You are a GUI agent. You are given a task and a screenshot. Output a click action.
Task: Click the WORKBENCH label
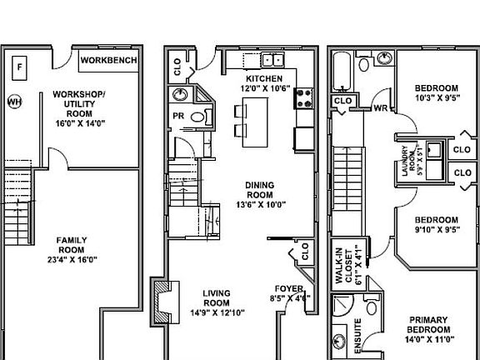pos(109,61)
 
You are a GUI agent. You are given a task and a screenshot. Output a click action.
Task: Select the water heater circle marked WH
pos(14,102)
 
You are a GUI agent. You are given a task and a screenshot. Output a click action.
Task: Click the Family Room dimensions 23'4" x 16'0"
pos(72,259)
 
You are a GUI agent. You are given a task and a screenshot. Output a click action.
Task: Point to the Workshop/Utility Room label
pos(78,103)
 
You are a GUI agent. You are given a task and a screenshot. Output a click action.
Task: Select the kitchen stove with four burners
pos(302,99)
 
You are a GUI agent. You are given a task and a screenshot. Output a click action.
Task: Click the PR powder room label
pos(178,116)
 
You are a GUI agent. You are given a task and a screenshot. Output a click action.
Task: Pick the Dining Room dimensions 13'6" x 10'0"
pos(260,204)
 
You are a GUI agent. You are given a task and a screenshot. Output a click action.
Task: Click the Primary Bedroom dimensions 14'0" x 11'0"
pos(428,339)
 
